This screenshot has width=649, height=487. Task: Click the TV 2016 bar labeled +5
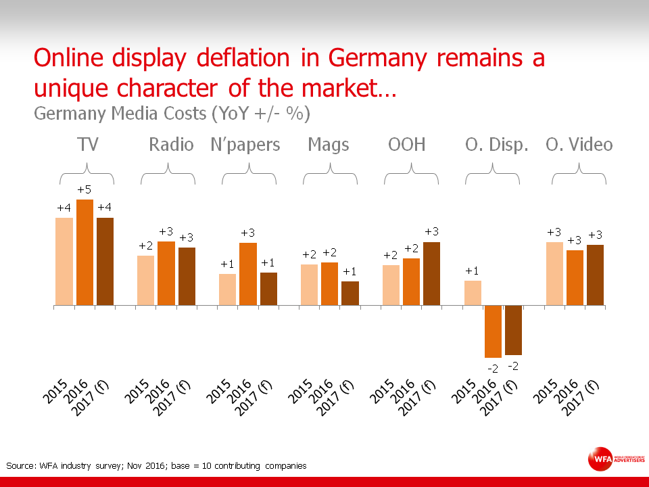[x=85, y=252]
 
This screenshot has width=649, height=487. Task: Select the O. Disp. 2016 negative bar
[x=494, y=331]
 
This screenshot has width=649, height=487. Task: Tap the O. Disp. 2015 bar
[x=473, y=293]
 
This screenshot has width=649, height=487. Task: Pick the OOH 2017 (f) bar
[x=431, y=273]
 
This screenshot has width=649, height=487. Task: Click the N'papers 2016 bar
[x=248, y=273]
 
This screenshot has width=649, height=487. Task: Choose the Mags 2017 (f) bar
[x=350, y=293]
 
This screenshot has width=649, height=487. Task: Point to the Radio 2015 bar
[x=146, y=280]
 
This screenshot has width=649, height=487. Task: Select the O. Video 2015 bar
[x=554, y=273]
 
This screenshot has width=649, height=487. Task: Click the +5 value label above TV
[x=85, y=191]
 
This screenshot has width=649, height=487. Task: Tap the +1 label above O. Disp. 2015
[x=473, y=271]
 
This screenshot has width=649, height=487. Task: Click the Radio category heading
[x=171, y=145]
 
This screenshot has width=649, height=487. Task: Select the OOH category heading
[x=407, y=145]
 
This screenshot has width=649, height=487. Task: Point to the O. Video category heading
[x=579, y=145]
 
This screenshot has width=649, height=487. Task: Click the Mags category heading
[x=329, y=145]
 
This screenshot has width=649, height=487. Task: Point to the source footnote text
[x=156, y=465]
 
